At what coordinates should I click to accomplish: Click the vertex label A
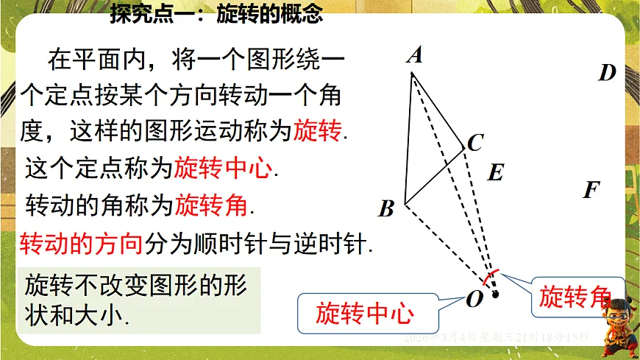415,55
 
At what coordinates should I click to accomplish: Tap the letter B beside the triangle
387,210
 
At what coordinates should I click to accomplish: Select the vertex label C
475,142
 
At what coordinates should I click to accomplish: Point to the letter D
607,73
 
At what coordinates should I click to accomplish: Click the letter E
496,173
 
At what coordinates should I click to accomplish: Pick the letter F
591,191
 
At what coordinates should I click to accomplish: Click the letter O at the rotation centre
474,299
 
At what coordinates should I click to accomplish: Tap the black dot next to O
495,294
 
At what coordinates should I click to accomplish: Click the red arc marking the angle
489,277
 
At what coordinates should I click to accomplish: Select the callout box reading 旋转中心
365,314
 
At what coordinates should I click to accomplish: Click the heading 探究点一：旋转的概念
216,15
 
